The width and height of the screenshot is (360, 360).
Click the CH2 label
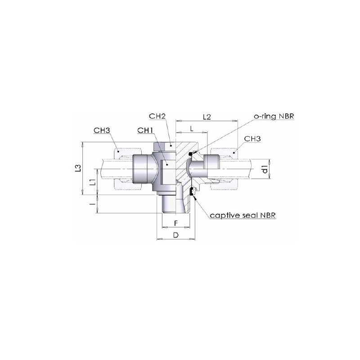[x=157, y=116]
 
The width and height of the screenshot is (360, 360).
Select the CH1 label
[x=145, y=130]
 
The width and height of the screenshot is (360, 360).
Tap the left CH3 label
[x=102, y=130]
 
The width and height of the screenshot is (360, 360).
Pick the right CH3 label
[x=252, y=139]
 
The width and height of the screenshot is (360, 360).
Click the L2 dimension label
[x=207, y=117]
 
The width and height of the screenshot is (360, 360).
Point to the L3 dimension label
[x=78, y=168]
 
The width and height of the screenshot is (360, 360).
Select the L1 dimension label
[x=92, y=182]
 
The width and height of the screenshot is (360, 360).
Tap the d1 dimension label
[x=265, y=169]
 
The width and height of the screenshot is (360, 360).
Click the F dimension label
[x=176, y=223]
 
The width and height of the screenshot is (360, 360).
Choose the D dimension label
[x=176, y=235]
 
